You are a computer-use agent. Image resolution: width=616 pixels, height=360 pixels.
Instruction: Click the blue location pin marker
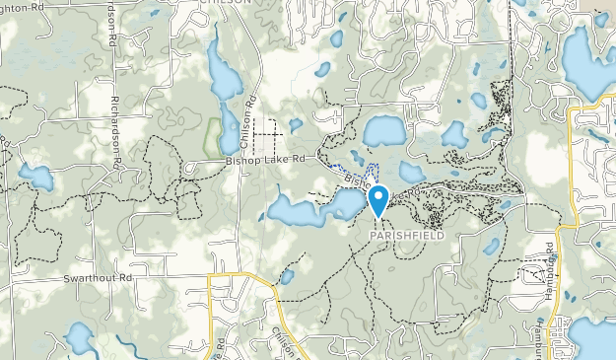[378, 200]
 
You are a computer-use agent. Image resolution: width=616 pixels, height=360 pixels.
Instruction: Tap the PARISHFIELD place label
[415, 237]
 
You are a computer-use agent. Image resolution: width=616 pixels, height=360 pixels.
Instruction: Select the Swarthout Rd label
[98, 278]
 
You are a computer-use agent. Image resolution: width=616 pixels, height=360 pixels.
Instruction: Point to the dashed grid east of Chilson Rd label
[267, 127]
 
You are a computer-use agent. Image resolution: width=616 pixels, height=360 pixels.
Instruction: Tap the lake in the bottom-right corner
[593, 338]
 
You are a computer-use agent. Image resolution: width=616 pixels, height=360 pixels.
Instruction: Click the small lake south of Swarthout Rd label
[80, 338]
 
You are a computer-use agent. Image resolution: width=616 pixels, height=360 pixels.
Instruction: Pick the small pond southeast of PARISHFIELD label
[491, 246]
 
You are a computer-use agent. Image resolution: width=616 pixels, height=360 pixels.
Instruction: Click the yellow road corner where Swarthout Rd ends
[211, 277]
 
